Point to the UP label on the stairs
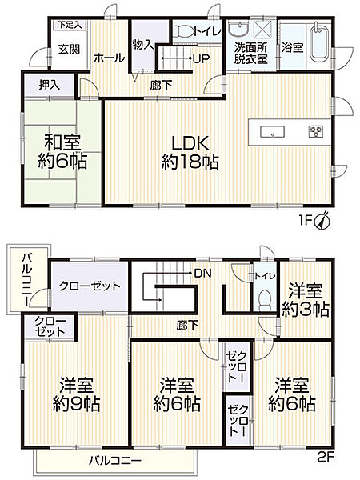click(194, 58)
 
